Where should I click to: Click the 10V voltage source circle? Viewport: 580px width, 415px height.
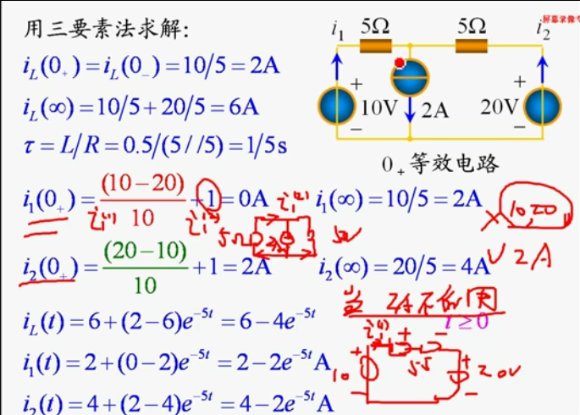click(x=337, y=106)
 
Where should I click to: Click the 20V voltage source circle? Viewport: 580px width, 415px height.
click(x=542, y=106)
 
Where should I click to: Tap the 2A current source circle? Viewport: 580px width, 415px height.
click(x=409, y=79)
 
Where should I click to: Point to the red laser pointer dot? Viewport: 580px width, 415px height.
click(x=399, y=62)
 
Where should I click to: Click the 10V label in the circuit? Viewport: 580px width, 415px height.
click(x=378, y=108)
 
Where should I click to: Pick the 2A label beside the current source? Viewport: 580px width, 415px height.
click(x=434, y=110)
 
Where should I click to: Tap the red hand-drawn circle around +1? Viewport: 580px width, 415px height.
click(x=210, y=195)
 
